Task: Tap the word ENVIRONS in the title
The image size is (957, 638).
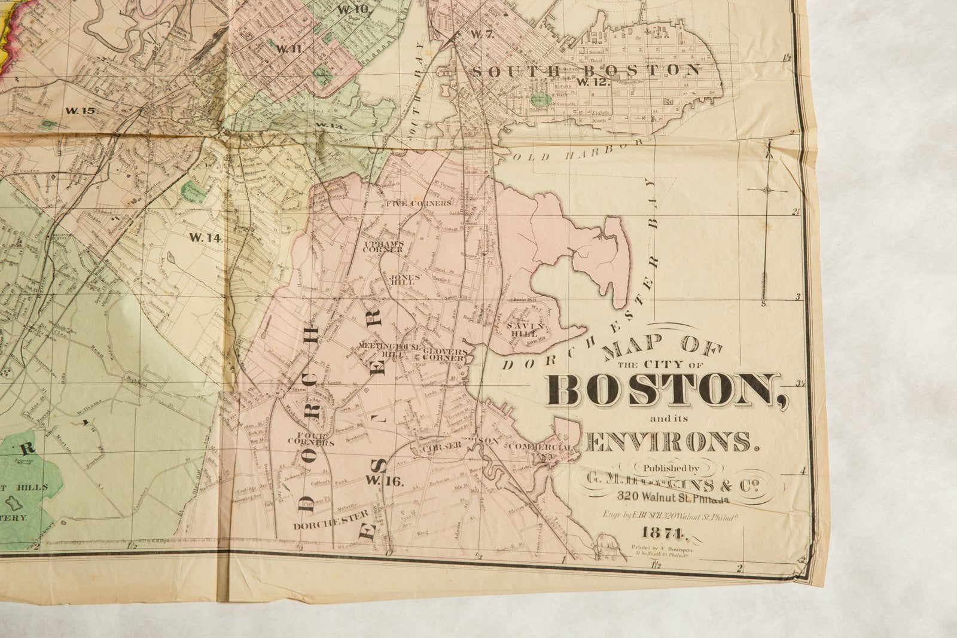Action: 673,441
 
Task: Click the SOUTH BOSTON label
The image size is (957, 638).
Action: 586,71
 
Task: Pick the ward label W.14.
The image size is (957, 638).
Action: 205,237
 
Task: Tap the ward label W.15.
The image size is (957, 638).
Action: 80,111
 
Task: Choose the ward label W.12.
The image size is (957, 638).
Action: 593,82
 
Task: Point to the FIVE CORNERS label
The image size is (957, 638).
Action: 418,203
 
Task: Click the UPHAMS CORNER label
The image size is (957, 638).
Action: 383,246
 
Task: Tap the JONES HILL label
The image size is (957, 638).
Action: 404,280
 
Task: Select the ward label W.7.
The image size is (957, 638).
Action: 481,34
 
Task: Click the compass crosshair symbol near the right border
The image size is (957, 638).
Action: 767,190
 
